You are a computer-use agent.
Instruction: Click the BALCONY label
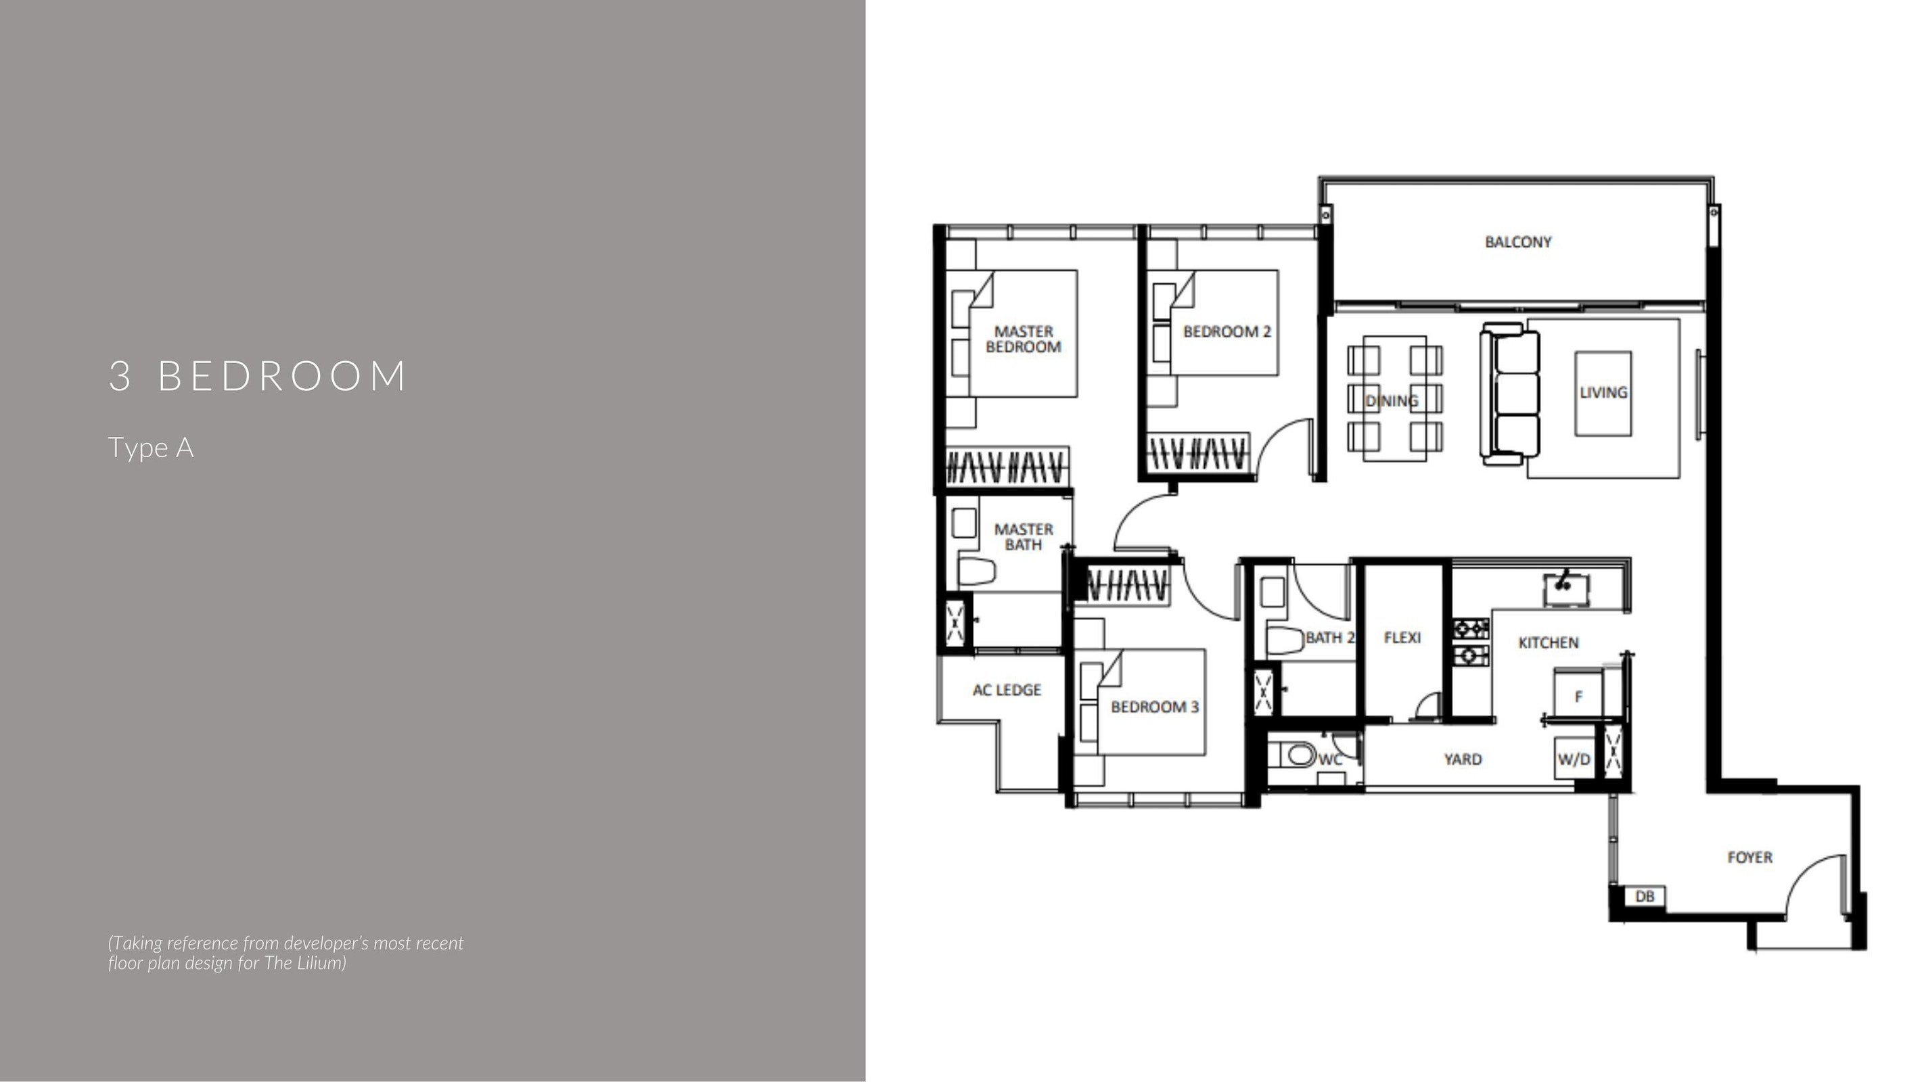[1517, 242]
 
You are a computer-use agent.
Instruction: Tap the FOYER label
[1749, 857]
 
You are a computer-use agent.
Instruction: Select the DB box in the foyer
[1645, 896]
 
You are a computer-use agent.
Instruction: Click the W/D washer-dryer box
[1574, 759]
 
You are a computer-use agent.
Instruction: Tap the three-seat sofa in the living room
[1510, 394]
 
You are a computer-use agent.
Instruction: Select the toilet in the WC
[1297, 755]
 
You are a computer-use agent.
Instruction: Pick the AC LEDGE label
[1006, 690]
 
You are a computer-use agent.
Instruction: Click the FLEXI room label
[1402, 638]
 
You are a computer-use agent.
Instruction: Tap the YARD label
[1463, 759]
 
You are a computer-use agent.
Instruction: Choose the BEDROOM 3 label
[1155, 707]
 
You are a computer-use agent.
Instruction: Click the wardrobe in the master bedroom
[1007, 468]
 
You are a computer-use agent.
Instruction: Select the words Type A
[151, 448]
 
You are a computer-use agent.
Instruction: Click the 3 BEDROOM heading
[258, 375]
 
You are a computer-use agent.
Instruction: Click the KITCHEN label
[1549, 643]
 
